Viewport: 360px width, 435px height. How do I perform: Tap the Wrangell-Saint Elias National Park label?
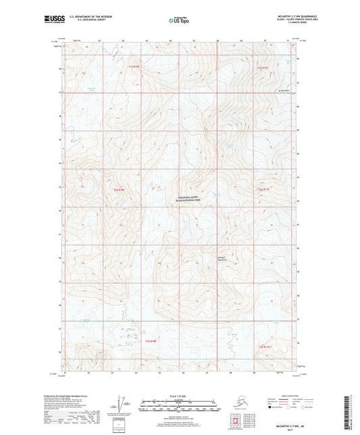[x=180, y=194]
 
